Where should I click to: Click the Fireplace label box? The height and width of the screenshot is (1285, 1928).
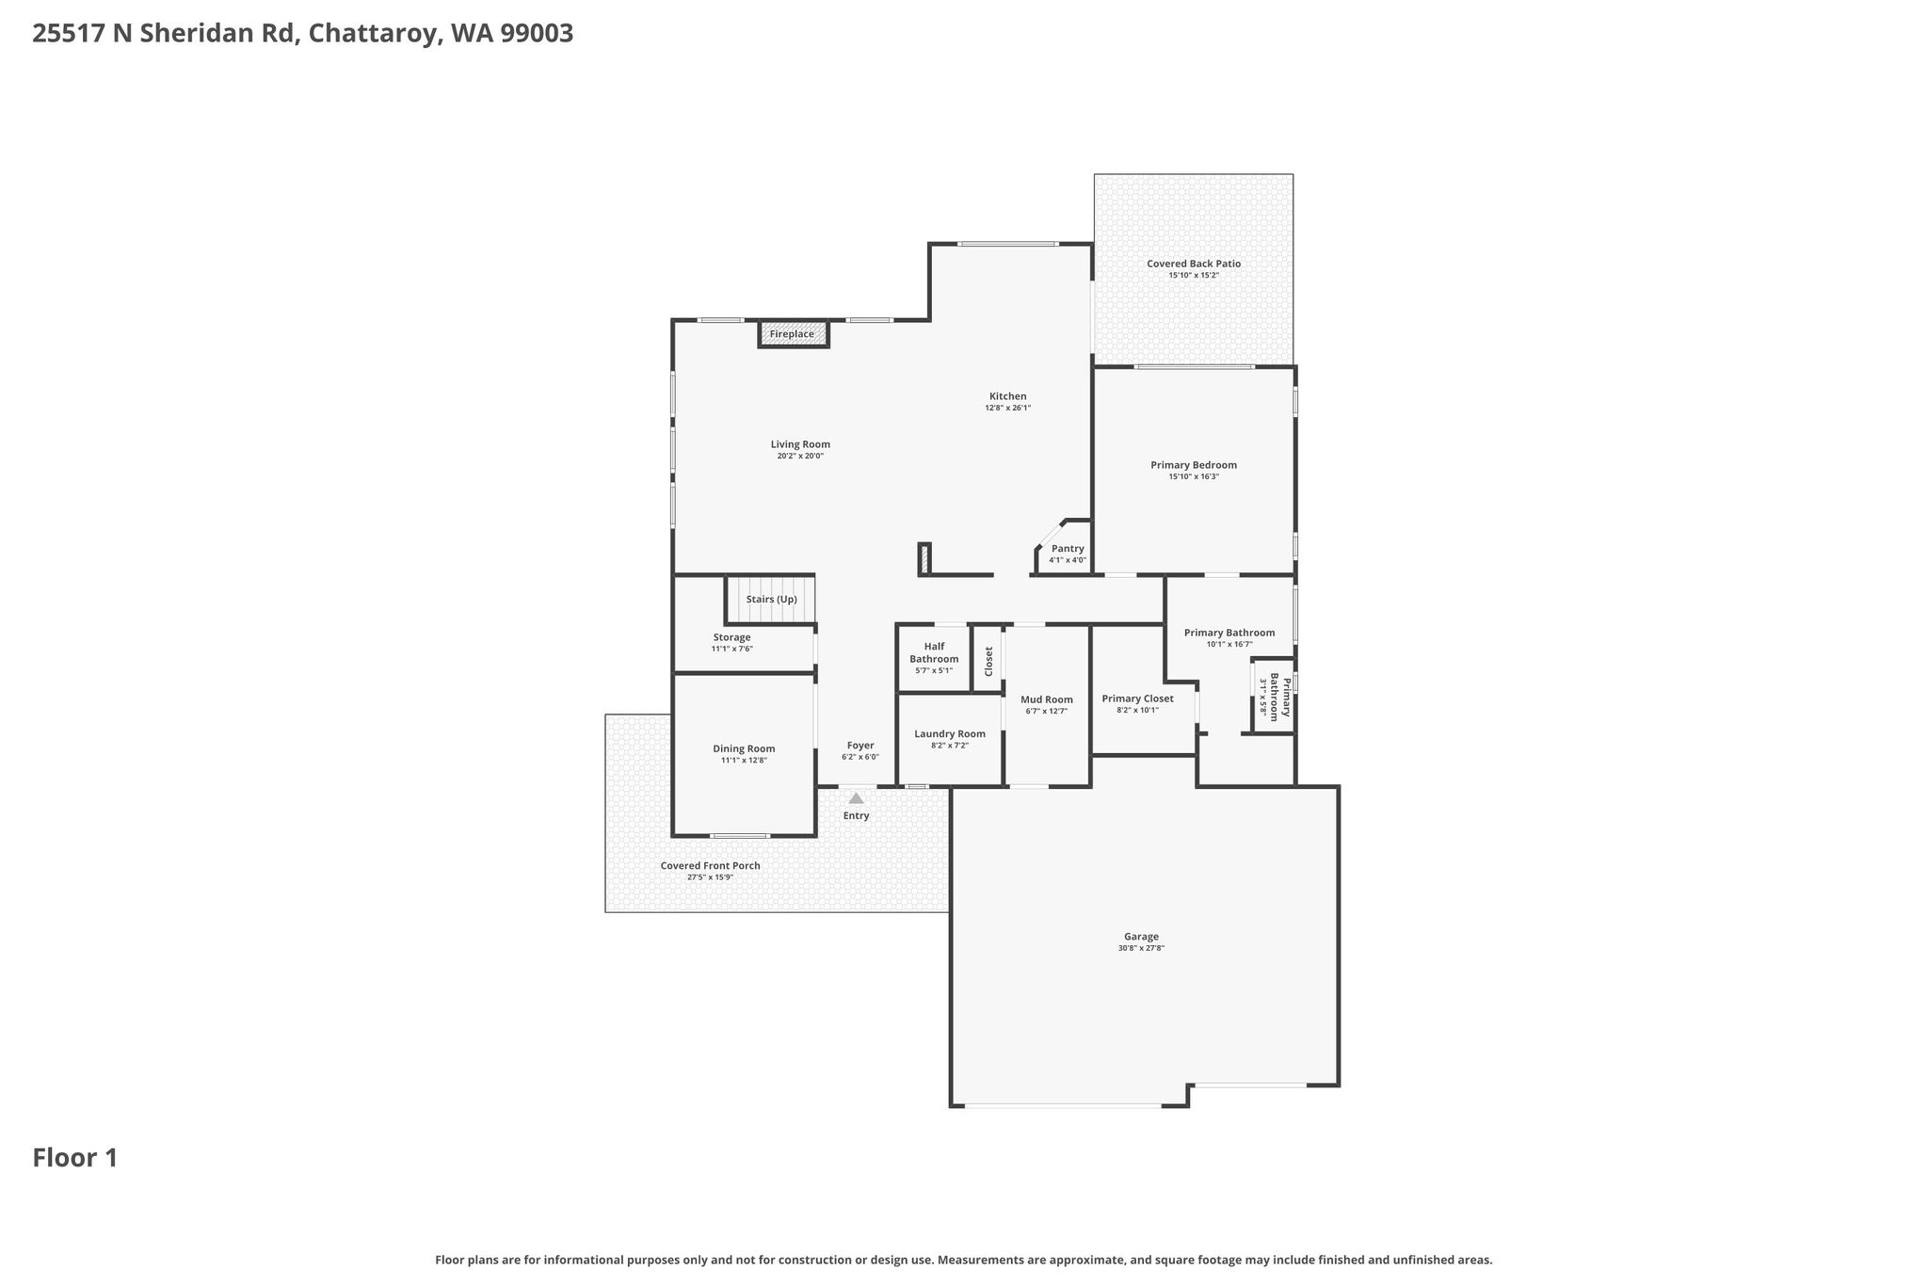tap(793, 334)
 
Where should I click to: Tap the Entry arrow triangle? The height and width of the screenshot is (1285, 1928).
tap(856, 798)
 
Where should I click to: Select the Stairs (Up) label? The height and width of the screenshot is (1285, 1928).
tap(771, 600)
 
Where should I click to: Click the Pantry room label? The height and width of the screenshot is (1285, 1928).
tap(1068, 549)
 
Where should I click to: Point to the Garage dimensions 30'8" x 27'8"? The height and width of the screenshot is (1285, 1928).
tap(1141, 948)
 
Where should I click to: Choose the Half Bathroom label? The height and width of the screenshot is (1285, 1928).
tap(934, 652)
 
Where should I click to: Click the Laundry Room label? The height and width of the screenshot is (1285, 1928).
tap(950, 734)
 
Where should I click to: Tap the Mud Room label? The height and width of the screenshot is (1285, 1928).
tap(1047, 699)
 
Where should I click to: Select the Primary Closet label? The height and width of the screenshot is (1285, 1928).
tap(1137, 699)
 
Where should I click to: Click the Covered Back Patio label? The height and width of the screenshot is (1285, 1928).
tap(1194, 264)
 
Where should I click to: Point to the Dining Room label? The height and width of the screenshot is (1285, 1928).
tap(744, 749)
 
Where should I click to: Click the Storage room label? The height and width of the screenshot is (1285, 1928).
tap(731, 637)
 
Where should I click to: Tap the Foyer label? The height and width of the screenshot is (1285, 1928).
tap(860, 746)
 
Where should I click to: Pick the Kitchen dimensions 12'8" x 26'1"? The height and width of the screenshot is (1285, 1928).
tap(1008, 408)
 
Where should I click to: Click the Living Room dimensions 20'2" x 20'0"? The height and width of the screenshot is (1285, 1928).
tap(800, 456)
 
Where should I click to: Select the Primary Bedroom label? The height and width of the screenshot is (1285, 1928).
tap(1194, 465)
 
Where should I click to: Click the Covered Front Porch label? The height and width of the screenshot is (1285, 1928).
tap(710, 866)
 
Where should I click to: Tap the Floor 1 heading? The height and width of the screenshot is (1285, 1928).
tap(75, 1158)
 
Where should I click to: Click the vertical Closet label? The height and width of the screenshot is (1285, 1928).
tap(988, 661)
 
